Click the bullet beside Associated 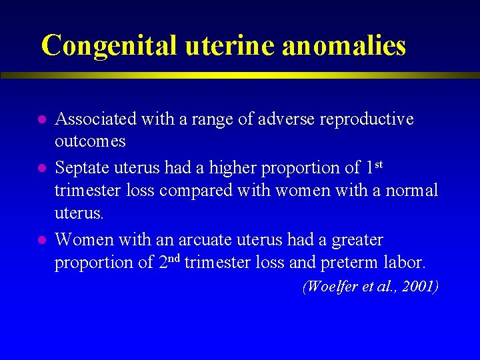41,120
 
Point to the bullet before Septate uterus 41,168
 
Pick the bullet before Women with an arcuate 41,239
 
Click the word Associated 95,119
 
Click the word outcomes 90,142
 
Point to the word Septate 81,167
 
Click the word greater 353,239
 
